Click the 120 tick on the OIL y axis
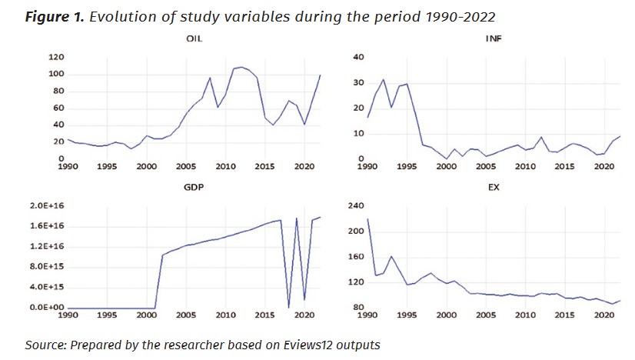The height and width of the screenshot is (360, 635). click(x=55, y=58)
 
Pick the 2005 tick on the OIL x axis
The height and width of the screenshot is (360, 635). click(x=186, y=166)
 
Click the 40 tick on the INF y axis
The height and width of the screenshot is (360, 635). click(x=356, y=58)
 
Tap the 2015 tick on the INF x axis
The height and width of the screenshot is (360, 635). click(x=565, y=166)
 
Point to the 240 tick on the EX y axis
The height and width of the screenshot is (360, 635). click(x=354, y=206)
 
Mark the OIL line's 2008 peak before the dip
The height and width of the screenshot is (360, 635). click(x=210, y=78)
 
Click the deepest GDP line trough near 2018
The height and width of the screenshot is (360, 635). click(x=288, y=306)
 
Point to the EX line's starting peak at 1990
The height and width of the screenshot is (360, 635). click(x=368, y=219)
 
